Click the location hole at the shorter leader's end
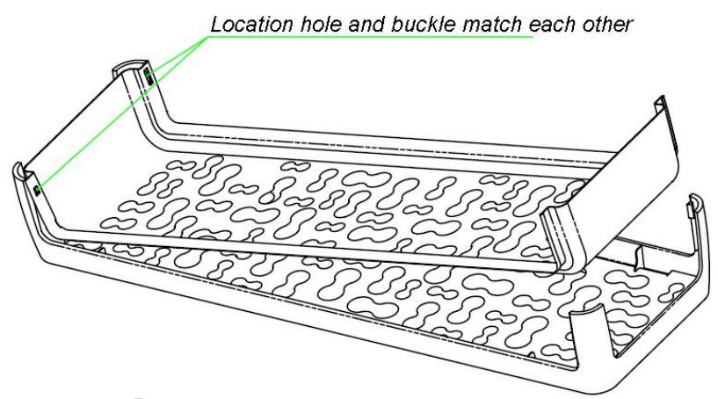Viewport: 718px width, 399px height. click(150, 78)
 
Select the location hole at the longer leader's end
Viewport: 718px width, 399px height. click(36, 187)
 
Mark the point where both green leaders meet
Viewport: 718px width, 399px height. click(208, 38)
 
